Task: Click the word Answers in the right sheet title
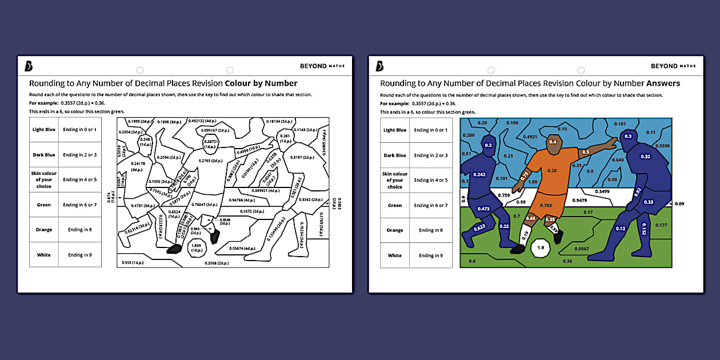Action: tap(663, 83)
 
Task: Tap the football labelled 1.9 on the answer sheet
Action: tap(541, 248)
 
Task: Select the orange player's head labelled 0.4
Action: tap(553, 142)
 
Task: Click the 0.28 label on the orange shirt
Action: tap(552, 170)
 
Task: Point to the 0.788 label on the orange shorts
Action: tap(546, 206)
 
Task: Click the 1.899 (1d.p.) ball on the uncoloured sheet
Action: tap(197, 248)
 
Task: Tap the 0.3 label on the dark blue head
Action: tap(628, 136)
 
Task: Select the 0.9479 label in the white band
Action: tap(580, 201)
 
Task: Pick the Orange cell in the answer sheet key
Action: tap(395, 230)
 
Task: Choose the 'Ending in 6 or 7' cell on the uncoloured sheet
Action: tap(79, 205)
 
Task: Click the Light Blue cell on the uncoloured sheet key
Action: tap(44, 130)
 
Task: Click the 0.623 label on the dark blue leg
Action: tap(479, 227)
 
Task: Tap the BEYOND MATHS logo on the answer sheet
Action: tap(673, 66)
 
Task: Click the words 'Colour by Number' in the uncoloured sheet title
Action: tap(261, 83)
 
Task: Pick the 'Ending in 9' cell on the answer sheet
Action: tap(430, 255)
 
